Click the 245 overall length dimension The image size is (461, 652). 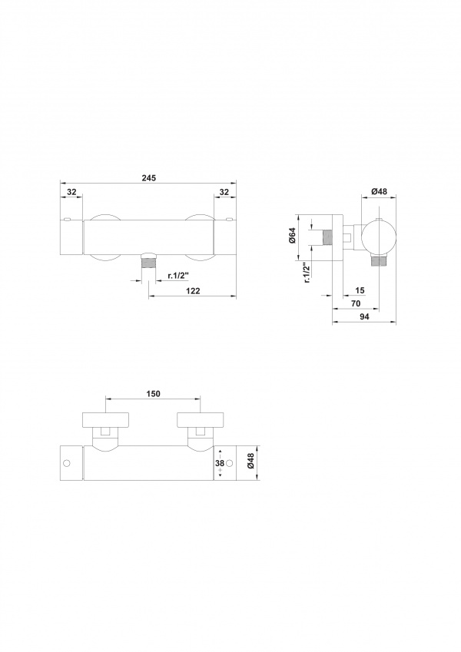coord(148,178)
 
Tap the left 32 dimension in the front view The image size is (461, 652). coord(71,192)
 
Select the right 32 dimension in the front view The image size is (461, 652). coord(224,192)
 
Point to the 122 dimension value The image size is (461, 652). coord(193,291)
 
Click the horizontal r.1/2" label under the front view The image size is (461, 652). coord(178,275)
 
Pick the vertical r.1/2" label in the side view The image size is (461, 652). coord(307,273)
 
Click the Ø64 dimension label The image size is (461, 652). coord(292,237)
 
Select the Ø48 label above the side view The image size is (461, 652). coord(379,191)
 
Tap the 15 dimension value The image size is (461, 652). coord(360,290)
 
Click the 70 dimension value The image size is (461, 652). coord(356,303)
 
